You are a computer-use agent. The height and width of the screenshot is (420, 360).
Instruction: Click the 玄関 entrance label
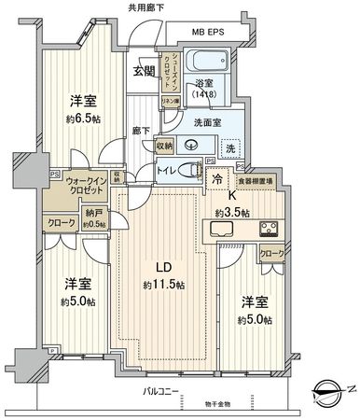point(145,71)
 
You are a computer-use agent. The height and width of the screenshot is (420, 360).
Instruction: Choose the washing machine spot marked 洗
point(229,147)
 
